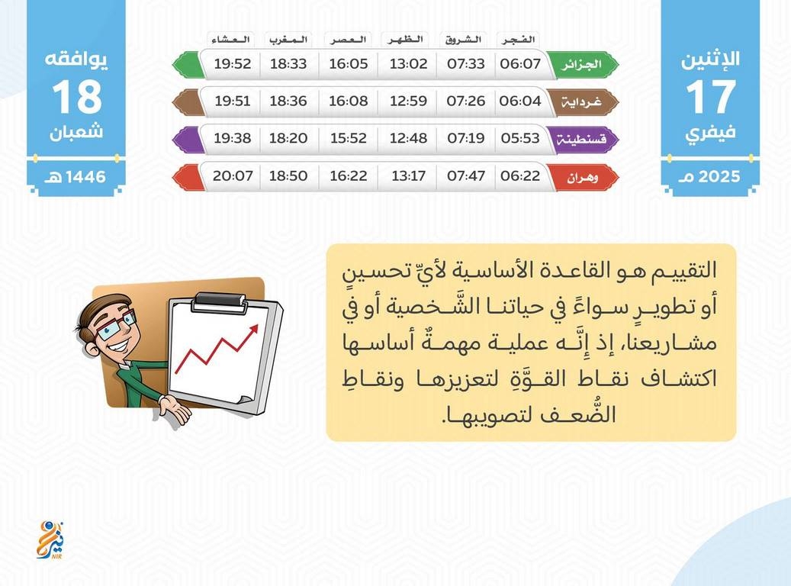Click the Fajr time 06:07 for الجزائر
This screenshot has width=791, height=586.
tap(520, 63)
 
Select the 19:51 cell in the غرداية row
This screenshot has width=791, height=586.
tap(232, 101)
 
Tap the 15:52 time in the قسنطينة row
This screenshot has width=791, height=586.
tap(348, 138)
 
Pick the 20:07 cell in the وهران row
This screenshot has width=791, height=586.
tap(232, 175)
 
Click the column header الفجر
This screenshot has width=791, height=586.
tap(518, 40)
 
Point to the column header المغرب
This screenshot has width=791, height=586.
tap(288, 40)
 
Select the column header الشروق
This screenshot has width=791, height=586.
tap(463, 40)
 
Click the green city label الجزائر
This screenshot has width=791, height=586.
tap(582, 65)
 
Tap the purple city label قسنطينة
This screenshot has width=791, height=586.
tap(580, 139)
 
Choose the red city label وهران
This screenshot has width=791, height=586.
tap(582, 177)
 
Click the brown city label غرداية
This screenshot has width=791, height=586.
tap(581, 102)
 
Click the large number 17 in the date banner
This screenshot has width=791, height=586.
tap(710, 96)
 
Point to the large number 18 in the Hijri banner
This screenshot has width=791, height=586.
tap(77, 96)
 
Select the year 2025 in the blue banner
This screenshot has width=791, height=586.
tap(719, 176)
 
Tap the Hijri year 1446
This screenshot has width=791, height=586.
tap(85, 177)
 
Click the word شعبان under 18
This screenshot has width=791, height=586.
tap(76, 132)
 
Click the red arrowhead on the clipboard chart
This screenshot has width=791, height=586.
tap(253, 329)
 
